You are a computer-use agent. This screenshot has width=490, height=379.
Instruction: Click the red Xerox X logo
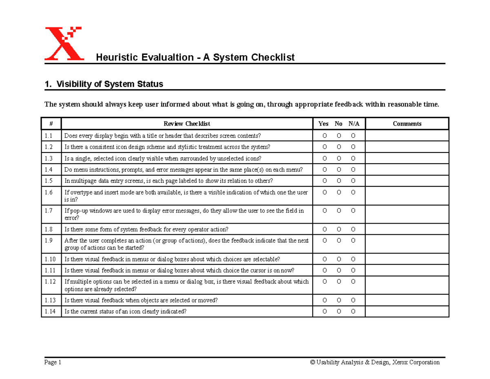click(x=63, y=44)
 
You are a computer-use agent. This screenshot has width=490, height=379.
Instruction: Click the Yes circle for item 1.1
click(x=325, y=136)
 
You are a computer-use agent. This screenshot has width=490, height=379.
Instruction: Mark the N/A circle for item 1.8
click(x=353, y=229)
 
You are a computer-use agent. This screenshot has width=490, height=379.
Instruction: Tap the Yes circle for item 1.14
click(x=325, y=312)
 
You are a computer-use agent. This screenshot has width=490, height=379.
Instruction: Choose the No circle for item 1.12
click(x=339, y=282)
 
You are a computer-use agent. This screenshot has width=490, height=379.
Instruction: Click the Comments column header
click(x=407, y=124)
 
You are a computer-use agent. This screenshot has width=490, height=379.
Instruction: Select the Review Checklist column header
click(x=187, y=124)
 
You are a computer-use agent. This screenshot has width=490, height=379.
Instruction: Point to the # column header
click(x=51, y=124)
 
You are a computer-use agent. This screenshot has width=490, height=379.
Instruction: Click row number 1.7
click(x=49, y=211)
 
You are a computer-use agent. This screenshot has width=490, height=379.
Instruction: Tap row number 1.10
click(x=50, y=259)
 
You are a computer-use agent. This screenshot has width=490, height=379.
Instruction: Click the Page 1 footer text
click(x=53, y=362)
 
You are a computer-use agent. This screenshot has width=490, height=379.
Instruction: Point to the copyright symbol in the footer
click(x=312, y=362)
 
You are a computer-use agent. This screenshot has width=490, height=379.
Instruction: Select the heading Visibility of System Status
click(x=109, y=84)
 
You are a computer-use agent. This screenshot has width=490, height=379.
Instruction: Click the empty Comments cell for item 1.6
click(x=407, y=196)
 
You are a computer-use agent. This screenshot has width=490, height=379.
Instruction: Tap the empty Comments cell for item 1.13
click(x=407, y=301)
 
